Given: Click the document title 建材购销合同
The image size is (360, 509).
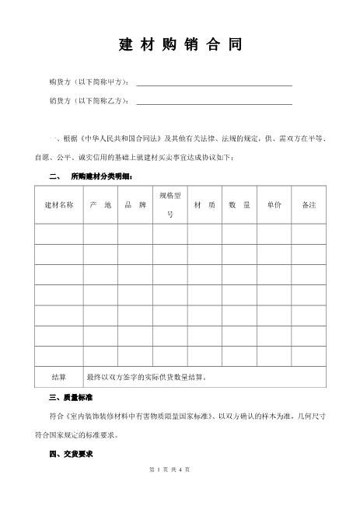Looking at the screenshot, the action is [x=180, y=45].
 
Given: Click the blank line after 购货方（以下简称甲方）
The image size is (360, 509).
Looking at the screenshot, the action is [x=214, y=83].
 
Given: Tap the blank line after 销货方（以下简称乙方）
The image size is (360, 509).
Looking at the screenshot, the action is [x=214, y=102].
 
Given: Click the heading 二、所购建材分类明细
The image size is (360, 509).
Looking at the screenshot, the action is [x=90, y=176].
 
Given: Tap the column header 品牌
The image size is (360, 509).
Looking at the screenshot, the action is [x=135, y=204].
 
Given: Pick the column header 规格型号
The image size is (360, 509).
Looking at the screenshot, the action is [x=170, y=204].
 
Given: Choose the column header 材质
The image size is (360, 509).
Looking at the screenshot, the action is [x=204, y=204].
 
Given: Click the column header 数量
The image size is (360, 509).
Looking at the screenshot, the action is [x=239, y=204].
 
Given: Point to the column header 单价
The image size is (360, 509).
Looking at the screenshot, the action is [x=274, y=204].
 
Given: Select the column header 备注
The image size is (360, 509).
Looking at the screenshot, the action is [x=309, y=204].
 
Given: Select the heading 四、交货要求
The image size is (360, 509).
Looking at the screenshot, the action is [x=70, y=453].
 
